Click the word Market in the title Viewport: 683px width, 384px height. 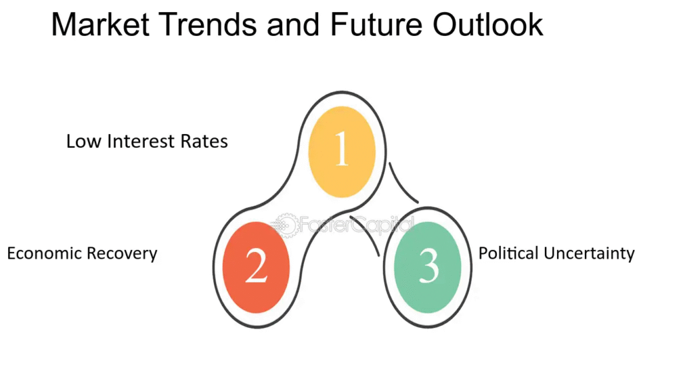[101, 25]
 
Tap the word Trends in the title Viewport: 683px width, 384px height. [209, 25]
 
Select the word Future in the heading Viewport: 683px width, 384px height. [376, 25]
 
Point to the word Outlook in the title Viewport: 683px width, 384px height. [488, 25]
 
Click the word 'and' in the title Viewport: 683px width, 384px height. [294, 25]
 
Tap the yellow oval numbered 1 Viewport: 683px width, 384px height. [342, 151]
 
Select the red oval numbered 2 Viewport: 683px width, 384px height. [256, 267]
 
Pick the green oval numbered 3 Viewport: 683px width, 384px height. [428, 267]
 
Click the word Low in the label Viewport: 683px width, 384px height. [84, 141]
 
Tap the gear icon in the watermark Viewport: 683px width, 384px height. [285, 225]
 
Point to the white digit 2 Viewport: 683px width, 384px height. [256, 266]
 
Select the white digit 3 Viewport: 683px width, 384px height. [429, 267]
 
